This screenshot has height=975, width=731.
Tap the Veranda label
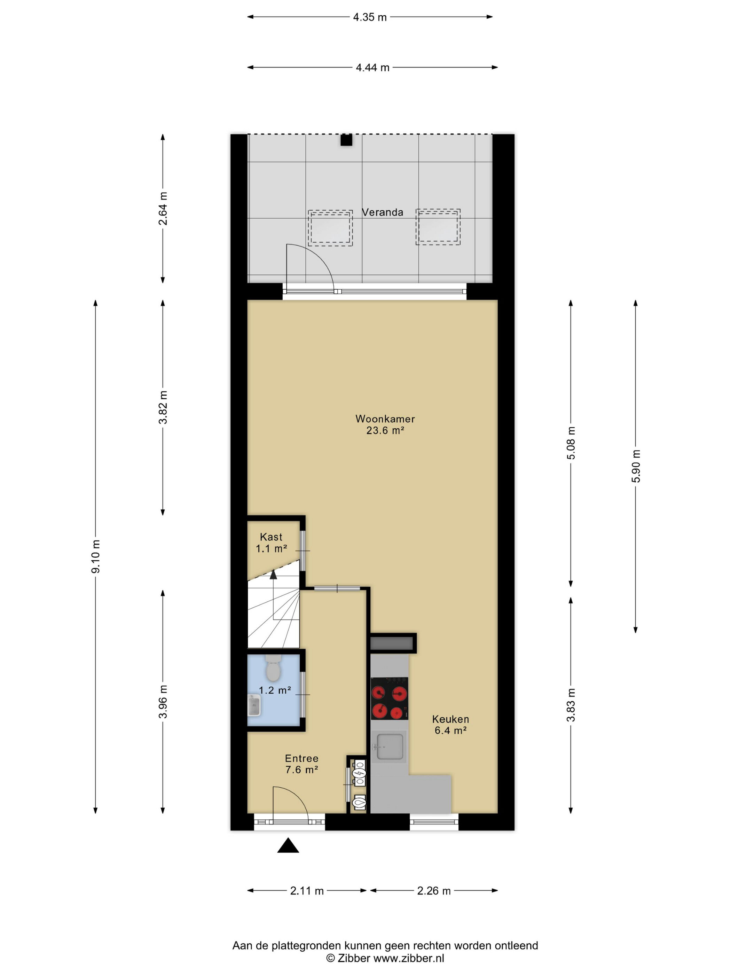click(x=383, y=212)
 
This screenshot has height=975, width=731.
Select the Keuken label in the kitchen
click(x=450, y=719)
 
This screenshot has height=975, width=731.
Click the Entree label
click(x=301, y=758)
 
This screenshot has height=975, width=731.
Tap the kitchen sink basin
click(x=390, y=747)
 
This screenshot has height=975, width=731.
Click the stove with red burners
click(x=389, y=698)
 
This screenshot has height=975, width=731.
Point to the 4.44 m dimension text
click(x=372, y=68)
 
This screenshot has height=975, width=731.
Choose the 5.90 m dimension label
click(x=635, y=466)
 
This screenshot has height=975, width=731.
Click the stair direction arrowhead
click(x=273, y=574)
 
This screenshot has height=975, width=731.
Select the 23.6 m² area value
click(x=385, y=430)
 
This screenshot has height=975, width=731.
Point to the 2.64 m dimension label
click(x=163, y=209)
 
